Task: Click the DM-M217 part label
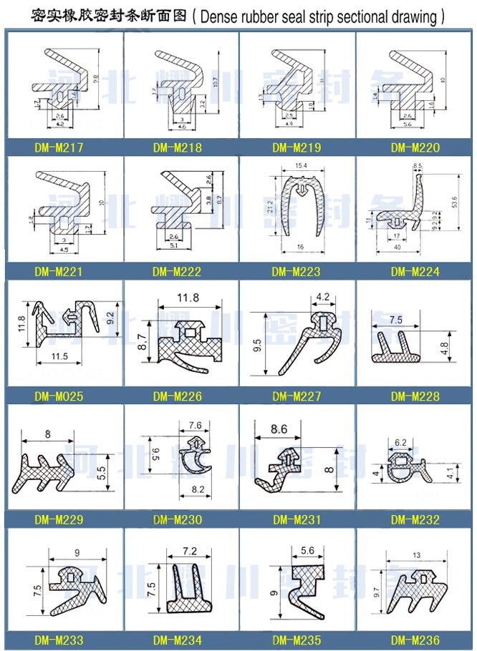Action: (x=59, y=148)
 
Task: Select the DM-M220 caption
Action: (x=415, y=148)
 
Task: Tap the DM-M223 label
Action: (x=297, y=271)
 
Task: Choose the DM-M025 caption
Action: (x=59, y=396)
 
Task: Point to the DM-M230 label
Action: (x=177, y=519)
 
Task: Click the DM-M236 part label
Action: (x=415, y=640)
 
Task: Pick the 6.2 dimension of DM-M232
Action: (x=400, y=443)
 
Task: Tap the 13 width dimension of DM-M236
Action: (x=415, y=555)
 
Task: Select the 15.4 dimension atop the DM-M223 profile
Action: (x=300, y=166)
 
